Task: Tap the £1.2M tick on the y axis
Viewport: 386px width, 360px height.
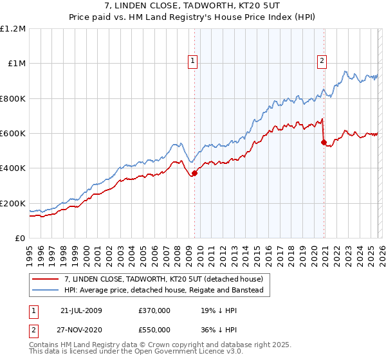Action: pos(13,29)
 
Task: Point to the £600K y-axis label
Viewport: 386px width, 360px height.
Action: pos(13,134)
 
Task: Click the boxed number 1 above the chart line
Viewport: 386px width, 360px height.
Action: pos(193,61)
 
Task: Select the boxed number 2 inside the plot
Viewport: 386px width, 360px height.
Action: pos(322,61)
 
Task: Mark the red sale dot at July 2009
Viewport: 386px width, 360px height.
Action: pos(195,173)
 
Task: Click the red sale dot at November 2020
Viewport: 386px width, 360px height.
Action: pos(324,142)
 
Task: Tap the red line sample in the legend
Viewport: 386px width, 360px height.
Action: pos(46,280)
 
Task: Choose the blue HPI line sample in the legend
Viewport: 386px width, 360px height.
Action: pos(46,291)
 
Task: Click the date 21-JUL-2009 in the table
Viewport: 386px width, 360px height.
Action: pos(81,310)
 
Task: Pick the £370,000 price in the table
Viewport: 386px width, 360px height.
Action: pos(154,310)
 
